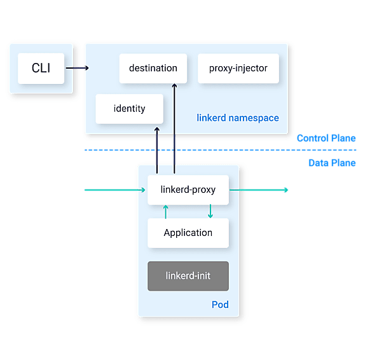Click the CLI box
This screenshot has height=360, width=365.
pos(41,68)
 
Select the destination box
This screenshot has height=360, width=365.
pos(153,68)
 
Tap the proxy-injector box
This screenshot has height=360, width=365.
pos(238,68)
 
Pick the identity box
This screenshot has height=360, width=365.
pos(130,109)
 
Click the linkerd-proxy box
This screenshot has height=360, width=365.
pos(188,190)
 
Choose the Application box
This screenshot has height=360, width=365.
pos(188,233)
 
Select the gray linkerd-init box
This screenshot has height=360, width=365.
pos(188,276)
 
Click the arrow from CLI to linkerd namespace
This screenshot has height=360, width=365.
pos(78,68)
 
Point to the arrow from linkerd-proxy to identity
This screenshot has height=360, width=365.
pos(157,151)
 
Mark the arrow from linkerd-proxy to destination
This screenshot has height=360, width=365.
pos(174,128)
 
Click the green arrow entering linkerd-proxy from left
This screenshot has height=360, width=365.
pos(115,190)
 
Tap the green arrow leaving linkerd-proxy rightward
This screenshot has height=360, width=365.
pos(259,190)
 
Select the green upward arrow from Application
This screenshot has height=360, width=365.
pos(166,212)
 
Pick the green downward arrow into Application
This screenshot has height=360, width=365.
pos(210,211)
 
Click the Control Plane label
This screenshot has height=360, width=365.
pos(326,138)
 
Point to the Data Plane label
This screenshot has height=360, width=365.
pos(332,163)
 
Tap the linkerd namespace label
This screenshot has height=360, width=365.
pos(238,118)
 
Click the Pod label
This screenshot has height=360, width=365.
pos(220,305)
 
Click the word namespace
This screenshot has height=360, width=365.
pos(254,118)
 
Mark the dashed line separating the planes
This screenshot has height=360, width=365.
pos(220,150)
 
